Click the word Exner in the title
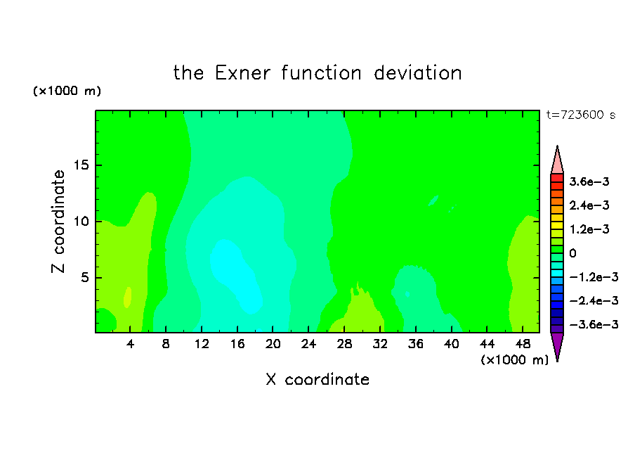(x=242, y=73)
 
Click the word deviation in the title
(x=418, y=73)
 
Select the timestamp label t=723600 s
(x=581, y=115)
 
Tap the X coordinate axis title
(x=318, y=379)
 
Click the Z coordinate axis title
(x=58, y=222)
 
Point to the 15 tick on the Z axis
(x=81, y=165)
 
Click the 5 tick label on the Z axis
(x=84, y=277)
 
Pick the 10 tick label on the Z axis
(x=81, y=222)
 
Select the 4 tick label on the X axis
(x=130, y=345)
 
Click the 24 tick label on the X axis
(x=308, y=345)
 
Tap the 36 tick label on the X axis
(x=416, y=345)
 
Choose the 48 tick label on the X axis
(x=523, y=345)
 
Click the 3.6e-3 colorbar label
(x=589, y=181)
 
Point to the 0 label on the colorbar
(x=572, y=253)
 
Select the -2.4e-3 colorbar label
(x=594, y=301)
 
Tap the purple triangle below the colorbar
(x=557, y=345)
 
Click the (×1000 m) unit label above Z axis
(x=67, y=91)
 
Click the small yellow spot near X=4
(x=128, y=298)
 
